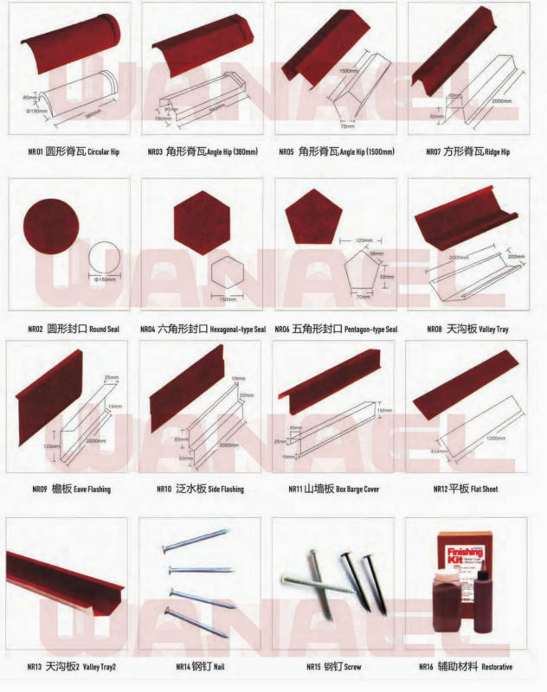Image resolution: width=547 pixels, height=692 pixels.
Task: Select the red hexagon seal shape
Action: click(x=200, y=221)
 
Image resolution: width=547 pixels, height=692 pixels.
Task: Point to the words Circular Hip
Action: click(x=103, y=152)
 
